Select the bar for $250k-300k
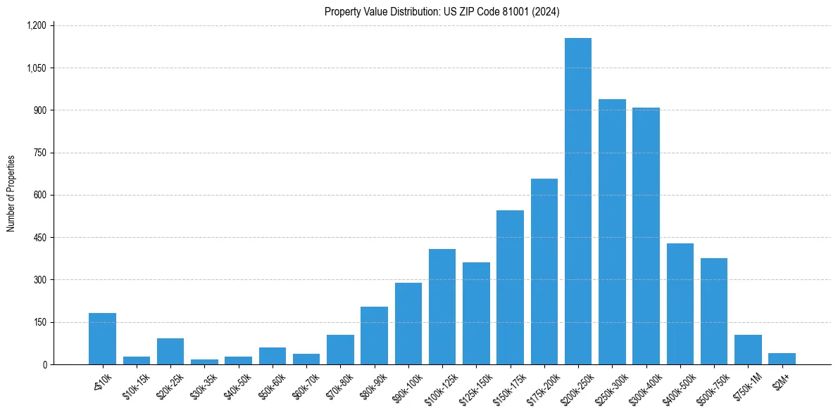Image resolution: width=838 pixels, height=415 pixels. pos(612,232)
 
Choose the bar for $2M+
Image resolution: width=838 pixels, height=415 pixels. pos(782,359)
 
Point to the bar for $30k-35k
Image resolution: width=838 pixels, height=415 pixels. pos(204,362)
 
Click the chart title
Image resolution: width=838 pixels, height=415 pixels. pos(442,11)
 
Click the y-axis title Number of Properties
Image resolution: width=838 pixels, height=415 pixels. pos(11,193)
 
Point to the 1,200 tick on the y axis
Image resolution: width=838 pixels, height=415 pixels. pos(36,25)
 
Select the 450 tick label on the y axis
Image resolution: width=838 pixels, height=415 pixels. pos(39,238)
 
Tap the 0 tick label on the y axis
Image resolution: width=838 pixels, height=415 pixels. pos(44,364)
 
